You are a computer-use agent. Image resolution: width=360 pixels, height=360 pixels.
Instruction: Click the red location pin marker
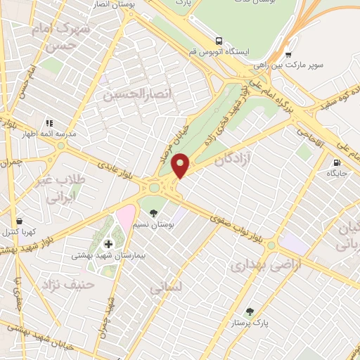point(181,165)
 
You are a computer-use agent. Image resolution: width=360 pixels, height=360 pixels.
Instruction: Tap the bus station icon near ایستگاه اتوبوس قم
point(220,41)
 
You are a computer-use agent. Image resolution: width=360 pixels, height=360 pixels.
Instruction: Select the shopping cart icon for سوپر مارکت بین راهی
point(288,54)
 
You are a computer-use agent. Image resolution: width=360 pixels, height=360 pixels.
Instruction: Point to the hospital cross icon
point(108,244)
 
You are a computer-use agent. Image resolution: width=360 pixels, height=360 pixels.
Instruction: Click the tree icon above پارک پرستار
point(250,311)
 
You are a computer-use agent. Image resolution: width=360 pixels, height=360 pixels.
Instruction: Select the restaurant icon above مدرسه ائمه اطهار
point(49,123)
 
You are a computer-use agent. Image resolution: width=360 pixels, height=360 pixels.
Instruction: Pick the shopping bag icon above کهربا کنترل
point(18,219)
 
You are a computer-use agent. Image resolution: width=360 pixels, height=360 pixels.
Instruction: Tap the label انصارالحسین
point(129,94)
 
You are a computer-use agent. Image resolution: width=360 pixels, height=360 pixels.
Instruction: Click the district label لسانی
point(166,288)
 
